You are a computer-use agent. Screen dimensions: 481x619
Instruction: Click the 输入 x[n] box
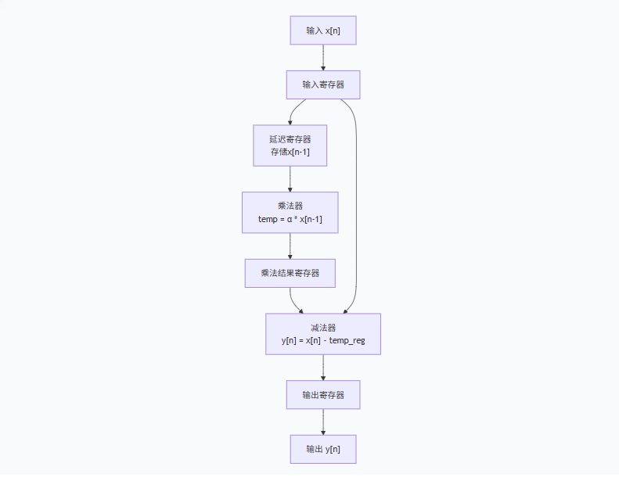(322, 31)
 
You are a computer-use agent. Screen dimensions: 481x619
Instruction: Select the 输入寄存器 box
(322, 84)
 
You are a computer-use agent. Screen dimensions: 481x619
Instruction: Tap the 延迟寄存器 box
(290, 145)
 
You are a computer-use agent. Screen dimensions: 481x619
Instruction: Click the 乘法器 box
(290, 212)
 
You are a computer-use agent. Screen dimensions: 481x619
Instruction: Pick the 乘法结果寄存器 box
(290, 273)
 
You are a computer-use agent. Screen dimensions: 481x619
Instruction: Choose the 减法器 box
(322, 334)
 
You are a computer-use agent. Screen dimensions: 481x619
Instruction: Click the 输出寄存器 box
(322, 395)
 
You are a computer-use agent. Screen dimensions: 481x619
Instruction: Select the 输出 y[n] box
(322, 449)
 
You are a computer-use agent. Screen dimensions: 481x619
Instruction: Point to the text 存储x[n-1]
(290, 152)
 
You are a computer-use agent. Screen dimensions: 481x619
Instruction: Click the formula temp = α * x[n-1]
(290, 219)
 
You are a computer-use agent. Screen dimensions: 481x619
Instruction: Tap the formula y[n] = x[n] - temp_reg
(322, 341)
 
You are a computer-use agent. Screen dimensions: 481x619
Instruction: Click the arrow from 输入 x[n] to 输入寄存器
(322, 57)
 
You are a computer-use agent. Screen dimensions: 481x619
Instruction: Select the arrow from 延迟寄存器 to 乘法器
(290, 179)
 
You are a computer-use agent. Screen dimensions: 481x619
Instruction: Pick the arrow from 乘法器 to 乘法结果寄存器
(290, 246)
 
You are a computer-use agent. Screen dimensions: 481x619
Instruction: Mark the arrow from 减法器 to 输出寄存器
(322, 368)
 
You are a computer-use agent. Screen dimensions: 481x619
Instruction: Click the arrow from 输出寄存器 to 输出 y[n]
(322, 422)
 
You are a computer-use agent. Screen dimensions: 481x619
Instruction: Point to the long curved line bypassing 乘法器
(356, 211)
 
